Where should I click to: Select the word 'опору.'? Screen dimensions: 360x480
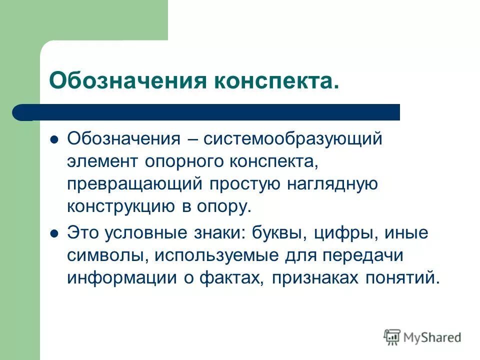pos(223,205)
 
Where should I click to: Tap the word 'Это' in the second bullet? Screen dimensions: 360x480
pos(82,233)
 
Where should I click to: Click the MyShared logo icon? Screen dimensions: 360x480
pos(393,337)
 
